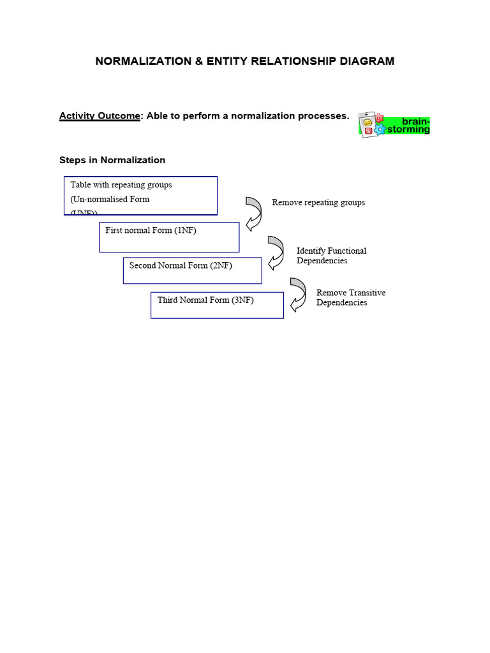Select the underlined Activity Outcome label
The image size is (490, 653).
click(x=100, y=116)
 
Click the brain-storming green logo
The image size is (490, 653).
click(x=394, y=125)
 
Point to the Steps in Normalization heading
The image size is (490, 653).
click(x=112, y=160)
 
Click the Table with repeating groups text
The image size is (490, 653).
click(x=121, y=185)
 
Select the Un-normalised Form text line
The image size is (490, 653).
click(x=110, y=199)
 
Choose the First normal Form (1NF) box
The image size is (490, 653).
click(x=169, y=237)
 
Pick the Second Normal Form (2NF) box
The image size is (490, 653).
click(x=192, y=270)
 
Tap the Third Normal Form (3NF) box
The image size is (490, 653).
click(x=217, y=305)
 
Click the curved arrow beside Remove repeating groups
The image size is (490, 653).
click(x=253, y=213)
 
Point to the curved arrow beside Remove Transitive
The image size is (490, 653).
click(x=297, y=294)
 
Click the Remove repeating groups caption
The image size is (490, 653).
click(x=318, y=202)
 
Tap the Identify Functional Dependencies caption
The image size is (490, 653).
click(x=331, y=256)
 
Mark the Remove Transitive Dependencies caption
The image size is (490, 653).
click(x=350, y=298)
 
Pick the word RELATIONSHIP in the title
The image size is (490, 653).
click(x=293, y=61)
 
